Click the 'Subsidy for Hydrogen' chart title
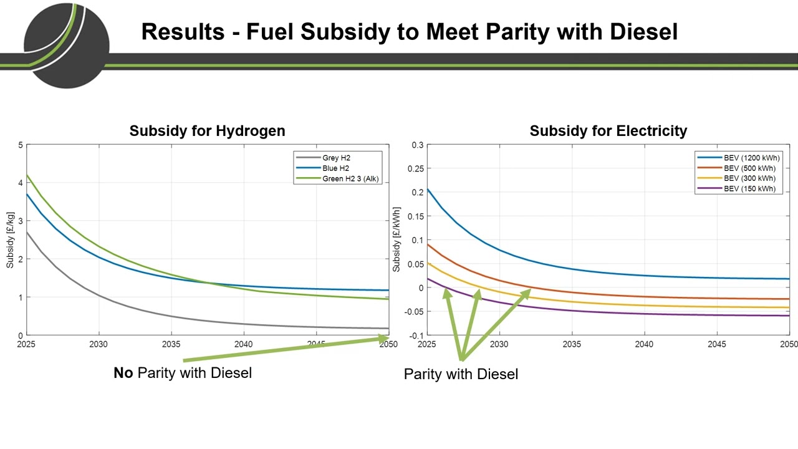pyautogui.click(x=207, y=131)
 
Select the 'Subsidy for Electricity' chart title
pyautogui.click(x=608, y=131)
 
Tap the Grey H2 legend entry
pyautogui.click(x=336, y=158)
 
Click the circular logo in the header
pyautogui.click(x=66, y=45)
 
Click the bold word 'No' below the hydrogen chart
pyautogui.click(x=123, y=373)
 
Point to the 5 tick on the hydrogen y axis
pyautogui.click(x=20, y=145)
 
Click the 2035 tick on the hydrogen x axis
pyautogui.click(x=171, y=344)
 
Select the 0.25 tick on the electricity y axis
pyautogui.click(x=415, y=169)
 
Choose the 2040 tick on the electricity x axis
pyautogui.click(x=644, y=344)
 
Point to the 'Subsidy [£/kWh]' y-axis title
pyautogui.click(x=397, y=241)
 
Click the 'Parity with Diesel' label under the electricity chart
pyautogui.click(x=461, y=374)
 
